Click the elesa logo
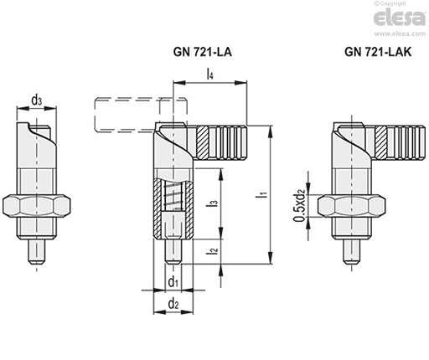(400, 18)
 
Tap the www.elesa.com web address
(400, 33)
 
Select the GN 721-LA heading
(203, 52)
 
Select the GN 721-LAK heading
(378, 52)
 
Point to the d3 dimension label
(37, 100)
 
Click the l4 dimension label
(209, 75)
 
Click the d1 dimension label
(173, 282)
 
